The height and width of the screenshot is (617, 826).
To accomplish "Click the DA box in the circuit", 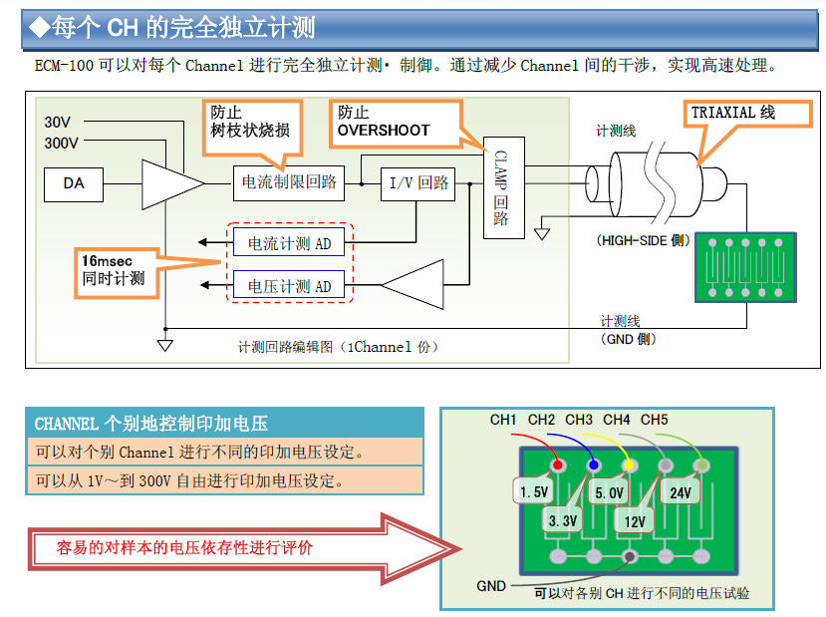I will coord(74,183).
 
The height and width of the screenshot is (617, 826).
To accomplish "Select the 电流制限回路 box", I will coord(288,182).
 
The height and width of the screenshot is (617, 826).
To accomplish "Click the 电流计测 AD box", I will coord(289,242).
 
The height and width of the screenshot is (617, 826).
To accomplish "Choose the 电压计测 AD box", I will coord(289,286).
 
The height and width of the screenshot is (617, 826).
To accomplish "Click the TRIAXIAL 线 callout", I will coord(733,114).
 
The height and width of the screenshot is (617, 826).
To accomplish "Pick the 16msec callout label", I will coord(116,269).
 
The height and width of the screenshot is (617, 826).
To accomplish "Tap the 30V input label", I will coord(58,123).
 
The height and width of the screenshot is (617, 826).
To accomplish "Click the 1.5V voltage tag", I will coord(534,491).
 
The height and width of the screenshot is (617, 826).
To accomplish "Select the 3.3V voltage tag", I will coord(563,520).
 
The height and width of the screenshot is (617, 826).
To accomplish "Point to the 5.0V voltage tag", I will coord(609,492).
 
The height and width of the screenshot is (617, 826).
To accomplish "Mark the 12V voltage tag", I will coord(635,520).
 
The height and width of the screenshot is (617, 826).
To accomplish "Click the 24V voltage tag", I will coord(681,492).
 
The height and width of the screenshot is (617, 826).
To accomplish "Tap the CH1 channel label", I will coord(503,420).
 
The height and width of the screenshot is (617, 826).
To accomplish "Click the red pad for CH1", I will coord(559,464).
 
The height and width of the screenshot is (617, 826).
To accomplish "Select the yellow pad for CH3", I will coord(629,464).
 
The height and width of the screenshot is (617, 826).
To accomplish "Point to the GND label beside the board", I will coord(491,586).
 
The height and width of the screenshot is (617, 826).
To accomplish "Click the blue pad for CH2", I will coord(594,464).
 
